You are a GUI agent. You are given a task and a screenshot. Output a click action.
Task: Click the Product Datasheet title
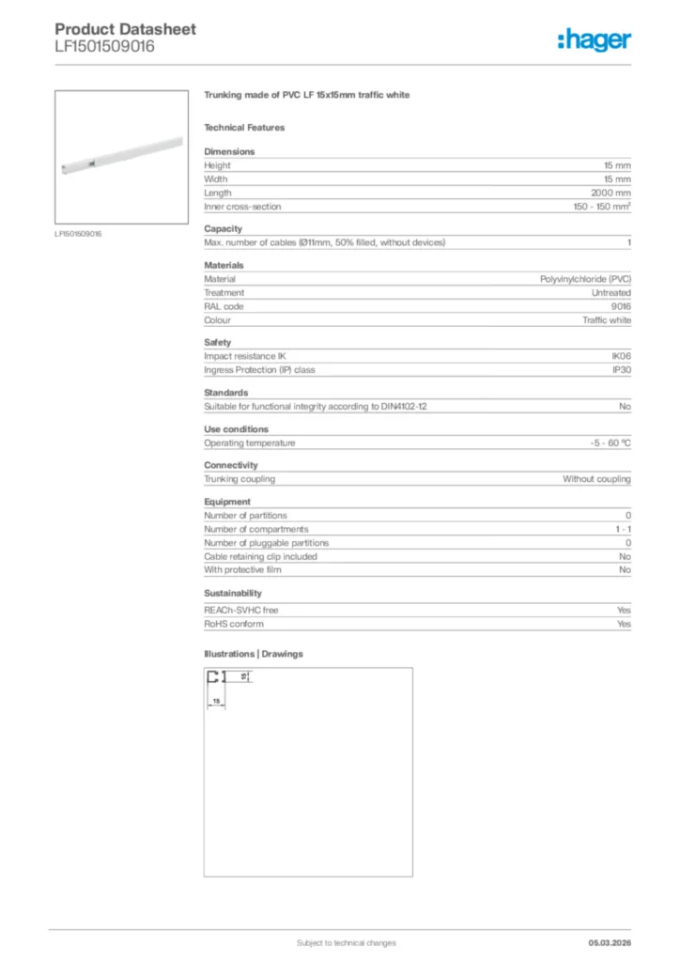(x=125, y=29)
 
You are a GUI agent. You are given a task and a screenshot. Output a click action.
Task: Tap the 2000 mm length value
(x=610, y=193)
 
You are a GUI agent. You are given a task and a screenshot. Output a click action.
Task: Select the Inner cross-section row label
(x=242, y=207)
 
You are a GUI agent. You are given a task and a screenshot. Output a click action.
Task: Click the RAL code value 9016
(x=621, y=306)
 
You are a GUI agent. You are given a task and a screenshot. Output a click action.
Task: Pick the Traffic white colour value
(x=607, y=320)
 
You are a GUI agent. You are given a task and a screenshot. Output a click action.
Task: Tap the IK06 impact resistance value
(x=621, y=356)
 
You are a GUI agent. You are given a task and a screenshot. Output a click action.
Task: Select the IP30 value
(x=621, y=370)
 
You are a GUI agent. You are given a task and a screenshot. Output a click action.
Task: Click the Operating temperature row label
(x=250, y=442)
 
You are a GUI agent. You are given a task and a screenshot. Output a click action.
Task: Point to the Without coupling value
(x=596, y=479)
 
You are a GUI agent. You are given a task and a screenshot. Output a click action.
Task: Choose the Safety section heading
(x=217, y=342)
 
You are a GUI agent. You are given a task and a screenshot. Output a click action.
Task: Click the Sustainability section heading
(x=233, y=593)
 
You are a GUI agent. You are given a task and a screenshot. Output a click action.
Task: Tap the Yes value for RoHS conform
(x=624, y=624)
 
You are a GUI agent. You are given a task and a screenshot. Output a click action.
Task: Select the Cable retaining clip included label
(x=260, y=556)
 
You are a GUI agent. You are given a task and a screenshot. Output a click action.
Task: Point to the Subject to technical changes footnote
(x=346, y=942)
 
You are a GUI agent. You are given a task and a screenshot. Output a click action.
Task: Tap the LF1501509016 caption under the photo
(x=78, y=233)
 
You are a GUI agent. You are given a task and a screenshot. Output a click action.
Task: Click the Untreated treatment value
(x=610, y=293)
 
